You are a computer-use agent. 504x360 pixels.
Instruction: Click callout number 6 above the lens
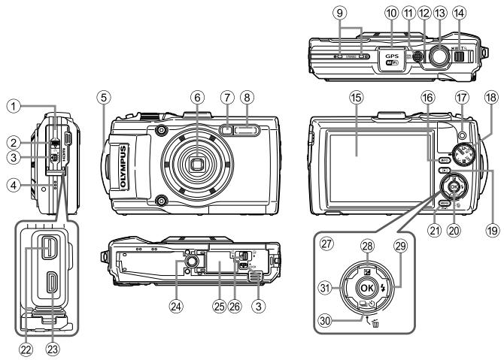point(197,98)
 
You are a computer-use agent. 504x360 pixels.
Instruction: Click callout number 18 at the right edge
point(493,98)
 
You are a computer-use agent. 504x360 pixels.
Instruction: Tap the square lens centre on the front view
point(197,164)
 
